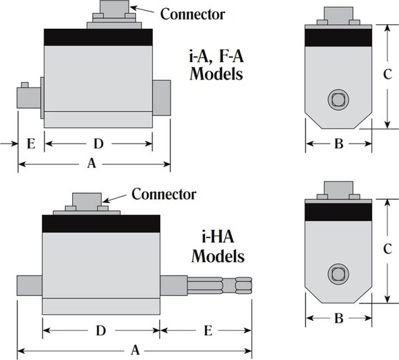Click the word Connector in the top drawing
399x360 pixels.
[192, 14]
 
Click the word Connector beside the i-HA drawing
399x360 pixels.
[164, 194]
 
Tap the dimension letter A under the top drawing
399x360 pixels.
[92, 163]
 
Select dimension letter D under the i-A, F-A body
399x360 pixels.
[98, 144]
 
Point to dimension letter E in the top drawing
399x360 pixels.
[31, 144]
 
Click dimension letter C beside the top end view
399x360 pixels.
[388, 74]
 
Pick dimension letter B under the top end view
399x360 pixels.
[339, 144]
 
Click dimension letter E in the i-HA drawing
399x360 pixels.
[208, 331]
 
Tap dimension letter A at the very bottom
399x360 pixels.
[135, 350]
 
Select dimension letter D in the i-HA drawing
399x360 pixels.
[101, 331]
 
